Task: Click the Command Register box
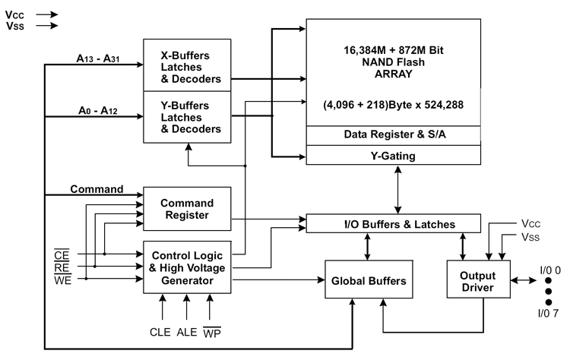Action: click(187, 209)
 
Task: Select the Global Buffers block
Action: click(369, 279)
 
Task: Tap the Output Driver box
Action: click(478, 279)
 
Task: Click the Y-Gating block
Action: click(394, 155)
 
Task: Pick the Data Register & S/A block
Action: click(394, 135)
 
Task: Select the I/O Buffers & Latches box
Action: click(394, 223)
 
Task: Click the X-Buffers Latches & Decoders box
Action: click(187, 65)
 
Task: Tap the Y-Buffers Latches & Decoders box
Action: click(187, 117)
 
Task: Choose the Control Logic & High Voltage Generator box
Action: click(187, 267)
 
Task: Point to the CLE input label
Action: click(160, 332)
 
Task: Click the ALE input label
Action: click(187, 332)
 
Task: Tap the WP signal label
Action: click(212, 332)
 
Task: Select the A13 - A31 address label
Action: click(98, 58)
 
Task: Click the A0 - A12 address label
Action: click(98, 110)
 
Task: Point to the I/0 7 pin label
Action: click(548, 313)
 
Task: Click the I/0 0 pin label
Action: click(550, 270)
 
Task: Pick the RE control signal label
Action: click(62, 268)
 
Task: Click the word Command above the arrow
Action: click(97, 189)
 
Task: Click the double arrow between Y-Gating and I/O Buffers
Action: click(398, 190)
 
